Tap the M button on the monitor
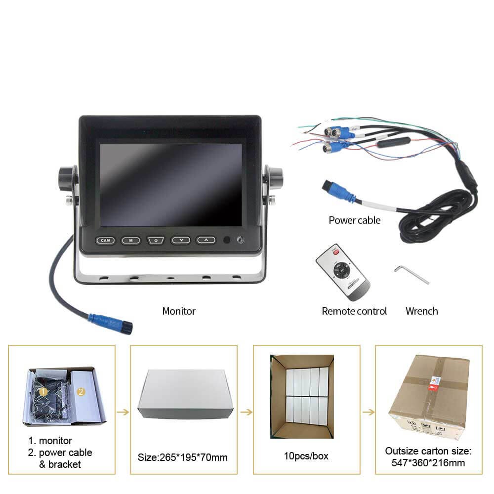pyautogui.click(x=130, y=241)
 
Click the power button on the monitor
pyautogui.click(x=156, y=241)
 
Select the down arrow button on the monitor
pyautogui.click(x=181, y=241)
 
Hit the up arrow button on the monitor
pyautogui.click(x=206, y=241)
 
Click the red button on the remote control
pyautogui.click(x=336, y=252)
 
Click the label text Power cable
pyautogui.click(x=354, y=220)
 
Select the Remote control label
pyautogui.click(x=354, y=311)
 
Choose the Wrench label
pyautogui.click(x=421, y=311)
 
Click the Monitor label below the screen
pyautogui.click(x=179, y=311)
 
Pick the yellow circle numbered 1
pyautogui.click(x=43, y=392)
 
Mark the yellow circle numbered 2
pyautogui.click(x=81, y=392)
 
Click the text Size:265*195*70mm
pyautogui.click(x=182, y=457)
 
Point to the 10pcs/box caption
pyautogui.click(x=306, y=456)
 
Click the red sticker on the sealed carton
pyautogui.click(x=435, y=384)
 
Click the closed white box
pyautogui.click(x=186, y=394)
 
